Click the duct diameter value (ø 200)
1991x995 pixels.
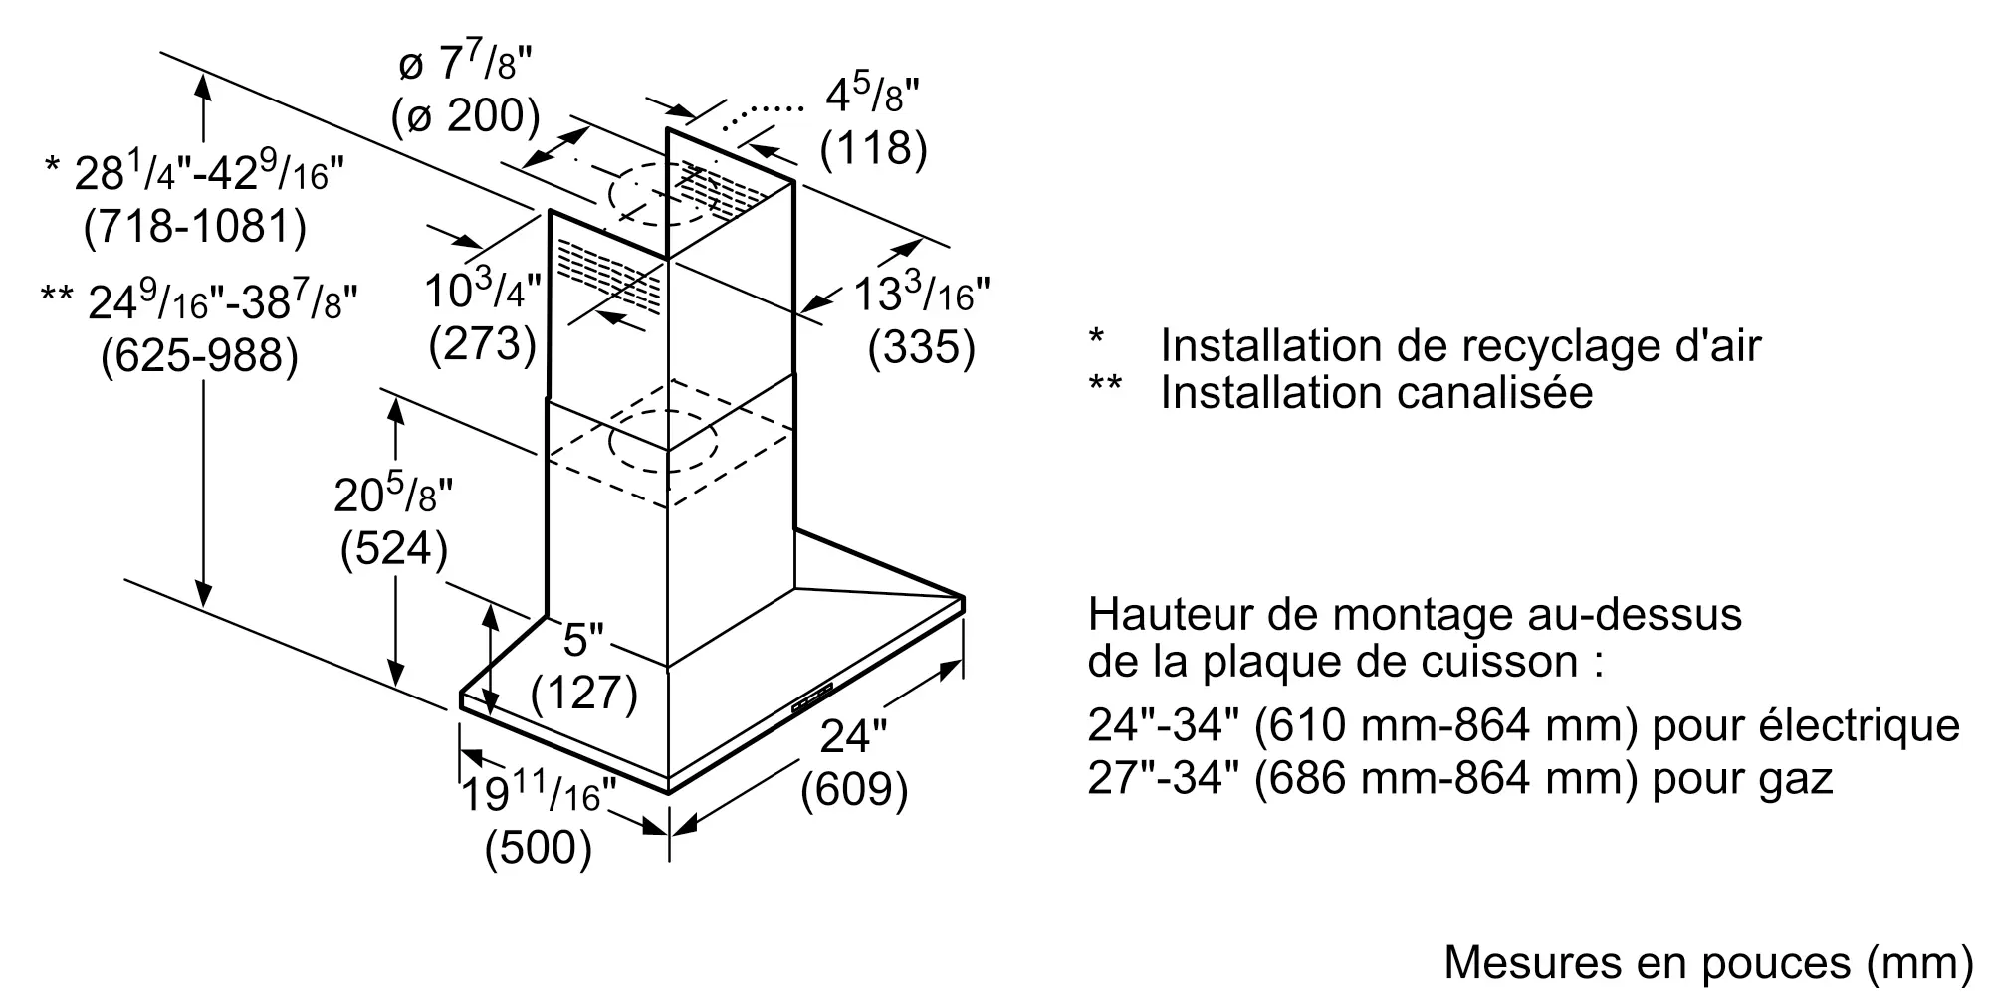466,117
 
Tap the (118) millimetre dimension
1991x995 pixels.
873,149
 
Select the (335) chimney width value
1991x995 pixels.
921,348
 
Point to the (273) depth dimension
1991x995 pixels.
483,344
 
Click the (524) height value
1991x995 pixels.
394,549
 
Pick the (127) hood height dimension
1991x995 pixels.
584,693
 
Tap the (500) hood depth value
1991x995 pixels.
539,848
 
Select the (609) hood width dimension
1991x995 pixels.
855,790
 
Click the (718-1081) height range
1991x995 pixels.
195,227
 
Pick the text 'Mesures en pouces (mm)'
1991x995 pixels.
1707,962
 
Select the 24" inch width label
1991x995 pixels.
853,736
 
